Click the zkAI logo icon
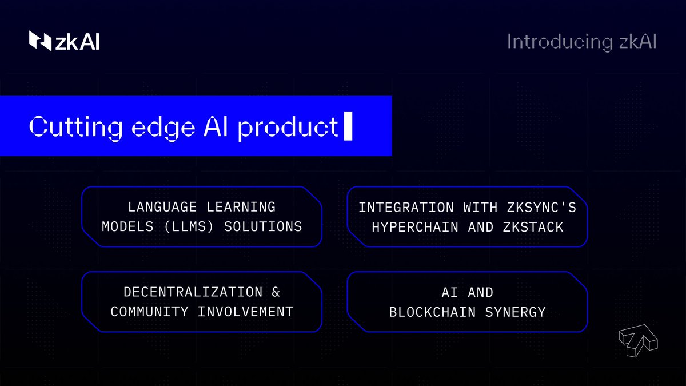(40, 41)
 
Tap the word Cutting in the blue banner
(75, 127)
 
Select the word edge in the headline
(163, 128)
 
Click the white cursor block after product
(348, 126)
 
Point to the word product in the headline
(288, 128)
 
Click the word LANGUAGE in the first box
(162, 207)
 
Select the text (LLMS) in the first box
(189, 226)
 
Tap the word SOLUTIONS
(263, 226)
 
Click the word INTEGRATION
(406, 208)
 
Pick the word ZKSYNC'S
(541, 208)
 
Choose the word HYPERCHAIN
(415, 228)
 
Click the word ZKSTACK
(533, 228)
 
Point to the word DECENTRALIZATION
(193, 292)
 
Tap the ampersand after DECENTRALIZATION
(276, 292)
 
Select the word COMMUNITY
(149, 312)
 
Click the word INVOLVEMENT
(245, 312)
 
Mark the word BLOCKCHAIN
(432, 312)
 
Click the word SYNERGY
(516, 312)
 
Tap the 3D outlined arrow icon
(638, 341)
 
